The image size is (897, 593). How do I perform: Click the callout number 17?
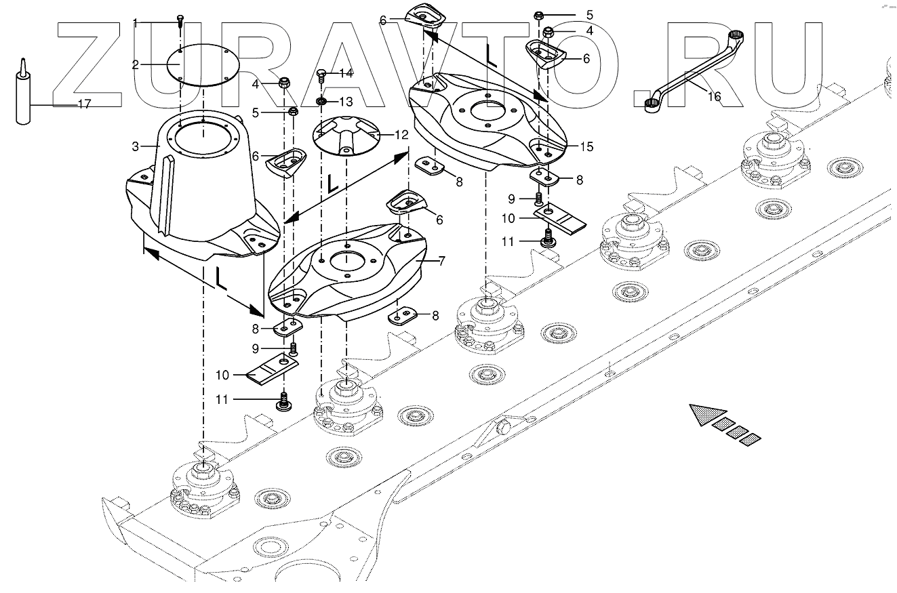pyautogui.click(x=85, y=104)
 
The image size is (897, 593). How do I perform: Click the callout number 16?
pyautogui.click(x=715, y=96)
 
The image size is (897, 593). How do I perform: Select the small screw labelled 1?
pyautogui.click(x=180, y=20)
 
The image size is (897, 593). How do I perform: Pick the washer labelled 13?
pyautogui.click(x=322, y=102)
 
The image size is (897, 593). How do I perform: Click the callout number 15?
pyautogui.click(x=586, y=146)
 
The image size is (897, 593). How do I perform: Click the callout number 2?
pyautogui.click(x=136, y=65)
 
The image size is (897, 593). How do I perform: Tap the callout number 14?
pyautogui.click(x=345, y=73)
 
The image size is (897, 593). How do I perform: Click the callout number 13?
pyautogui.click(x=346, y=102)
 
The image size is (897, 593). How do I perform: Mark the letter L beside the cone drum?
pyautogui.click(x=218, y=279)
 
